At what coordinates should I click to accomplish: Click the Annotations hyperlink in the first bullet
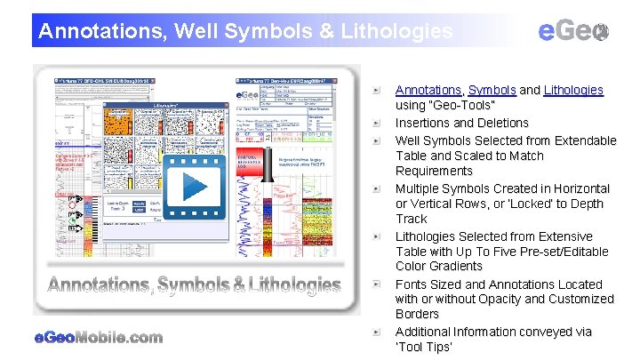click(428, 90)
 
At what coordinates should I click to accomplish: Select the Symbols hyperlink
click(492, 90)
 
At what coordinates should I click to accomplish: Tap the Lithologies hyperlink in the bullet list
click(573, 90)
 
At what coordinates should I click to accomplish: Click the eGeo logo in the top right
click(574, 32)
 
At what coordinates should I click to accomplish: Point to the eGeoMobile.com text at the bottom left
click(99, 337)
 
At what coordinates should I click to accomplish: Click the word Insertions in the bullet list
click(426, 123)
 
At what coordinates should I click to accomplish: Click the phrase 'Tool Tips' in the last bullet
click(424, 347)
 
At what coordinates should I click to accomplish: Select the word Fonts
click(412, 284)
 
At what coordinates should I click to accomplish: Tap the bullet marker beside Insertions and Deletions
click(378, 124)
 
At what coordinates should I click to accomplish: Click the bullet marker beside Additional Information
click(378, 332)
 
